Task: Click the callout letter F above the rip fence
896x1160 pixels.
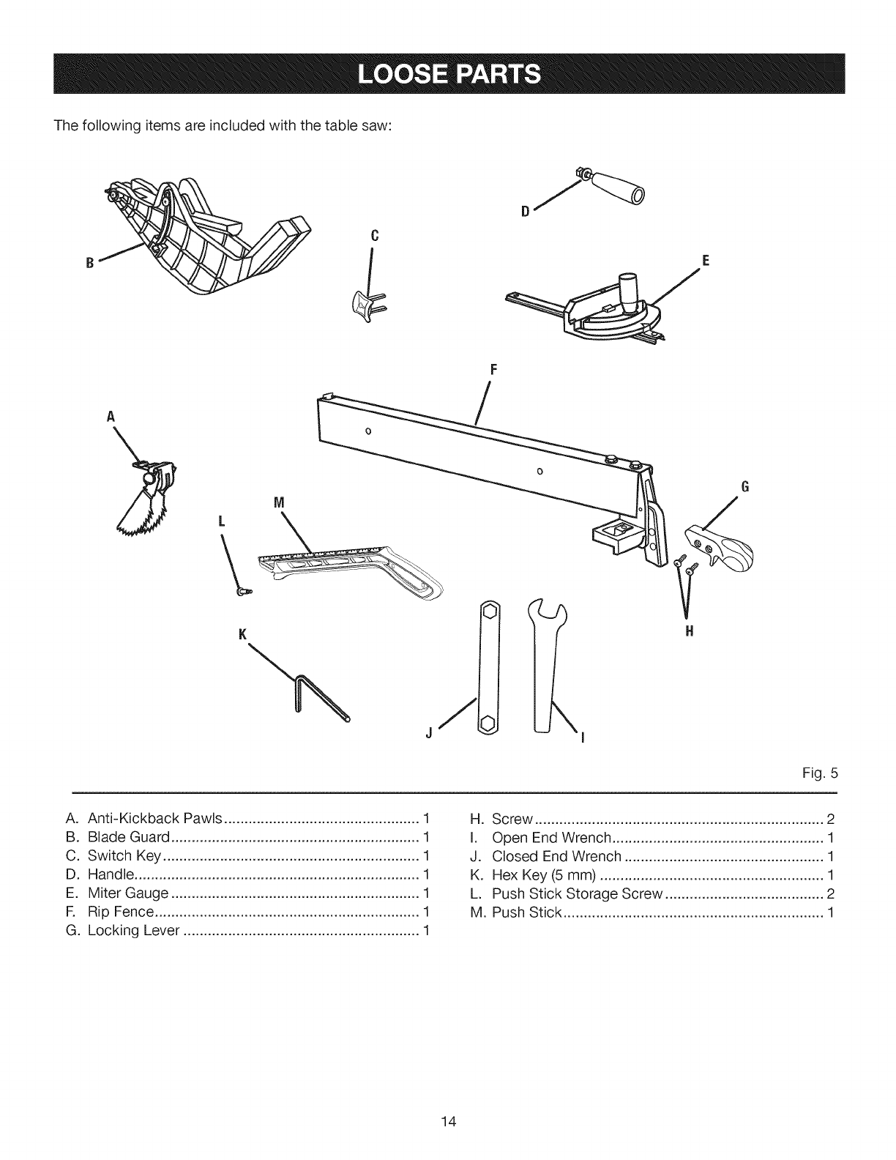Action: click(x=493, y=369)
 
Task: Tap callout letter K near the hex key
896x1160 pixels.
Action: click(x=241, y=633)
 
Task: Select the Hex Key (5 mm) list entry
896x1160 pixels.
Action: click(x=545, y=875)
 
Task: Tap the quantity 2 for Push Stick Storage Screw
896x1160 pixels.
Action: click(x=830, y=893)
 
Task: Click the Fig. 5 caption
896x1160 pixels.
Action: click(x=824, y=773)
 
